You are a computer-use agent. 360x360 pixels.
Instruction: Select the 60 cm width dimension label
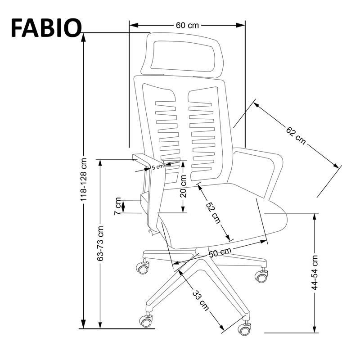tap(187, 25)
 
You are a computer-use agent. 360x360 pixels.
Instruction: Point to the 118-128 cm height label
tap(83, 180)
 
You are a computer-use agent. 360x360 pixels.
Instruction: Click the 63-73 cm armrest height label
tap(100, 243)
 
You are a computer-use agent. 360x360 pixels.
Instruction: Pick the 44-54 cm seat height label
tap(315, 273)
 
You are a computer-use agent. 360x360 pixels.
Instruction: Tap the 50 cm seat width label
tap(220, 253)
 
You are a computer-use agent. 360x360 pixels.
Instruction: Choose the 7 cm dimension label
tap(118, 206)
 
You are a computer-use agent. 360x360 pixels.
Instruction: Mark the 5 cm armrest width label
tap(157, 167)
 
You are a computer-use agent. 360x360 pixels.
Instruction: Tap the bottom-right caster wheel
tap(245, 328)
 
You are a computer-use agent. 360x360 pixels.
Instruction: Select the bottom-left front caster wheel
tap(145, 320)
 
